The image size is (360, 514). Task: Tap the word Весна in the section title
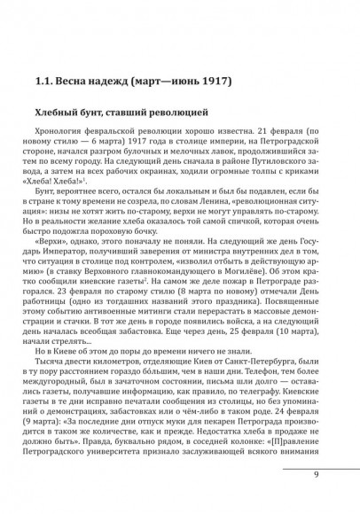click(74, 84)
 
